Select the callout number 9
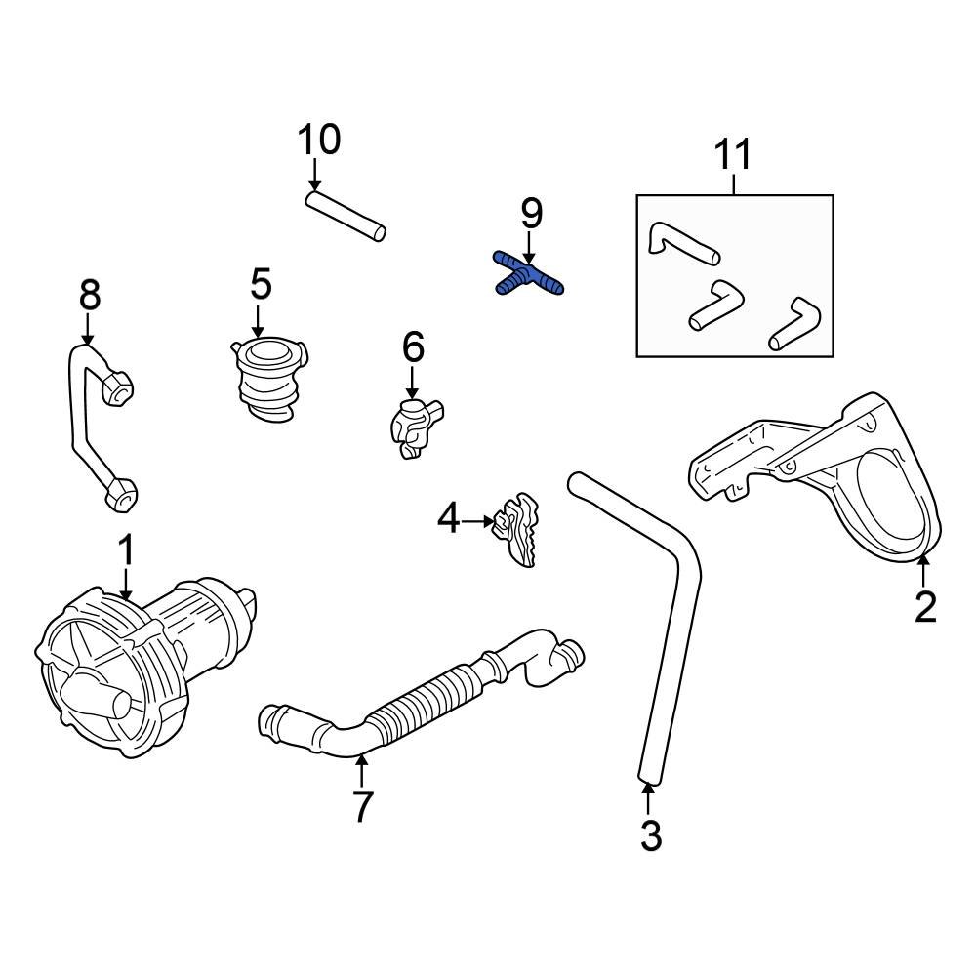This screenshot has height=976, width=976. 531,214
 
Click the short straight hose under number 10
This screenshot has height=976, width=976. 346,216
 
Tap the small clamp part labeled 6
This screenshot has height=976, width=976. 415,426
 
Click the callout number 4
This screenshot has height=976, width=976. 448,520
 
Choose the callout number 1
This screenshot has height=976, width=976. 125,551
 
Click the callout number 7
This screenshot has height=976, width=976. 362,805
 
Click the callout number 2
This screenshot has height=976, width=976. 924,606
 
